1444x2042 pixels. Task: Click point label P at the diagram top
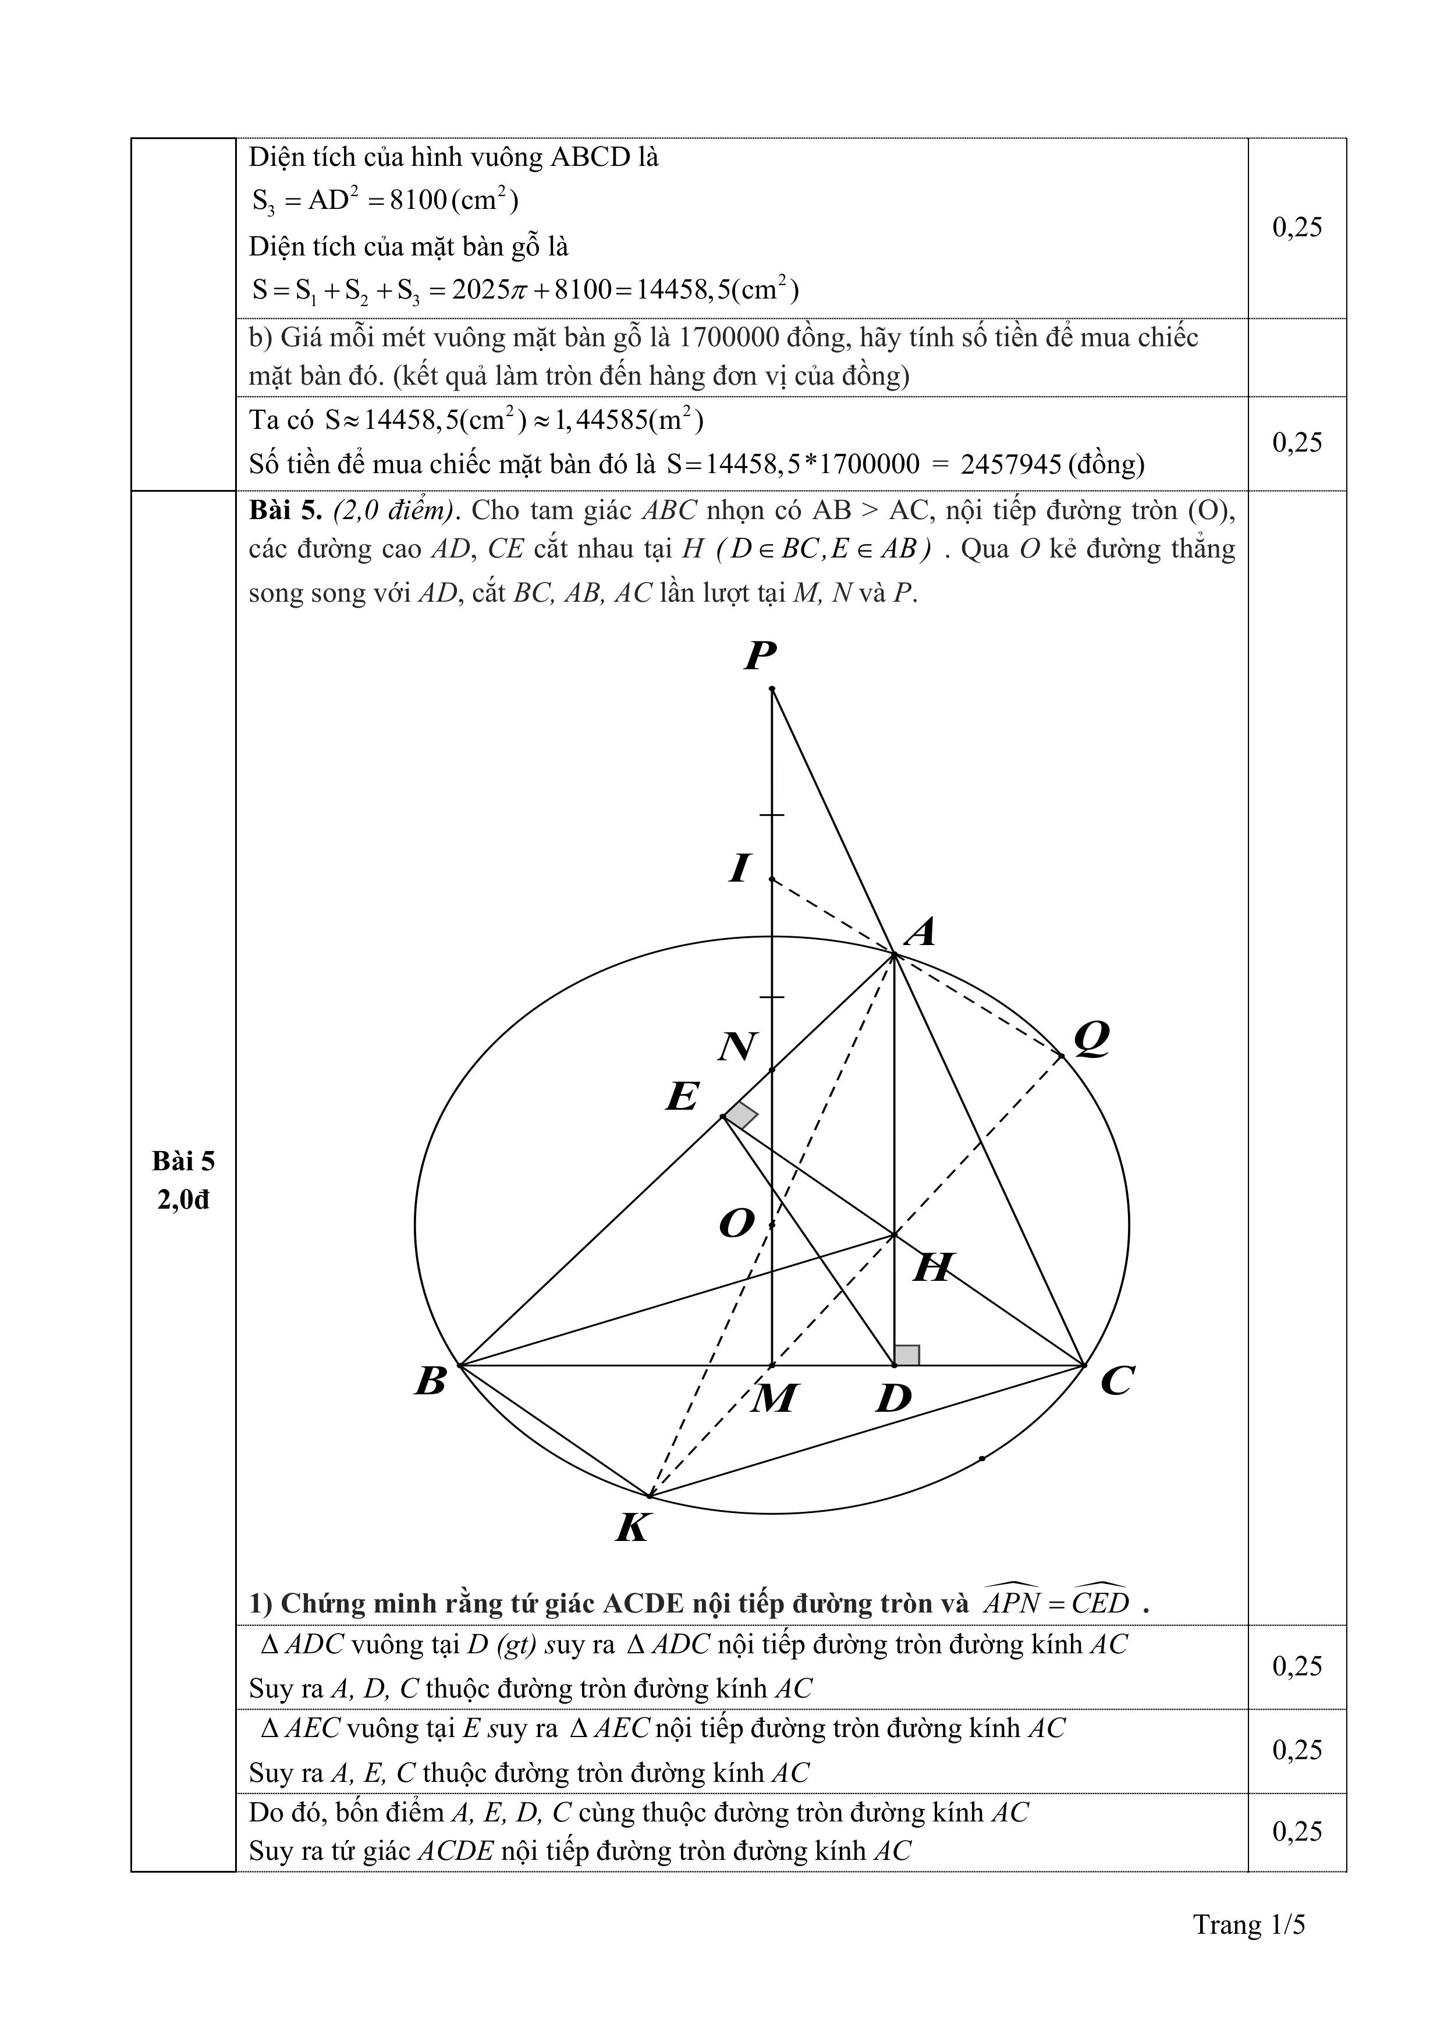(761, 656)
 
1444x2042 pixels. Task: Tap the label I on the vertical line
(739, 867)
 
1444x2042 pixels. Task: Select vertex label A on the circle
(921, 932)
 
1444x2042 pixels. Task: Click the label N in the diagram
(737, 1047)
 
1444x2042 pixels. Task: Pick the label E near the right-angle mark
(682, 1096)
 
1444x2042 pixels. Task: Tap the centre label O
(737, 1224)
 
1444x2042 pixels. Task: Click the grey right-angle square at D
(907, 1355)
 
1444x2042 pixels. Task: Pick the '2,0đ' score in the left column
(183, 1200)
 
